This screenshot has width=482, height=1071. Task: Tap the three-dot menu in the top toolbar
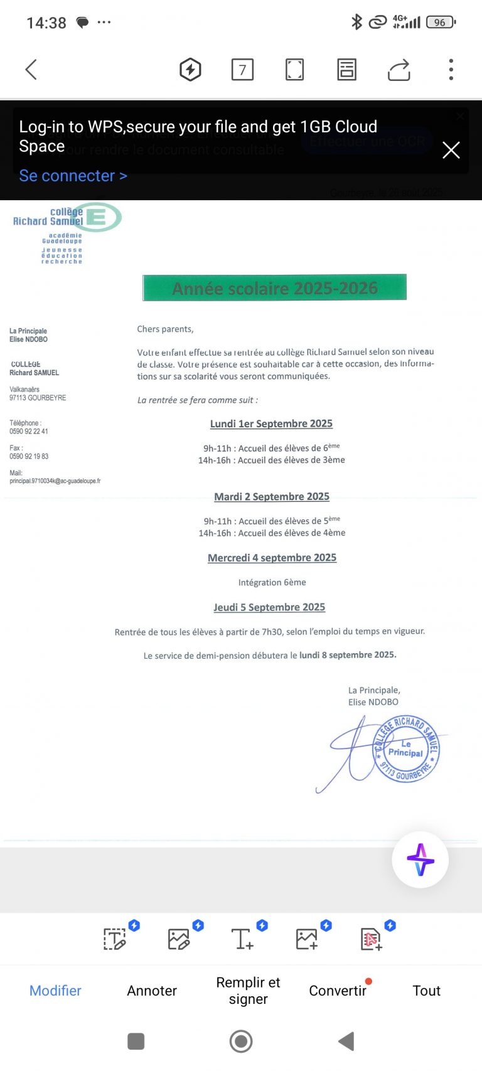(x=451, y=69)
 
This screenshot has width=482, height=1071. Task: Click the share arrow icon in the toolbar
(x=399, y=69)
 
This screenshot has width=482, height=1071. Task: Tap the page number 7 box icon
(x=242, y=69)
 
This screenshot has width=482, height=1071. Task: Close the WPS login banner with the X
(x=451, y=150)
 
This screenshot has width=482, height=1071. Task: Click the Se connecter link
(x=73, y=176)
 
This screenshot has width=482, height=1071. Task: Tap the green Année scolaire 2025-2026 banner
(x=274, y=288)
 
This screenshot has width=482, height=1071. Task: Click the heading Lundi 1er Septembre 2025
(x=271, y=424)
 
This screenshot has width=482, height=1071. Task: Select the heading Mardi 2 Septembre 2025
(x=272, y=496)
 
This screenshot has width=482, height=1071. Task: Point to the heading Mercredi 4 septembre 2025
(x=272, y=558)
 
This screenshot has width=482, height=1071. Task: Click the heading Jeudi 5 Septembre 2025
(x=269, y=607)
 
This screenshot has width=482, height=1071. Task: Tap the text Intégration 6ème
(x=272, y=582)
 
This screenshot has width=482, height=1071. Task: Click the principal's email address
(x=55, y=481)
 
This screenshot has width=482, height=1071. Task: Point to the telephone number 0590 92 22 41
(x=29, y=432)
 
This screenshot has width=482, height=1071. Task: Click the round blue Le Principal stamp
(x=406, y=750)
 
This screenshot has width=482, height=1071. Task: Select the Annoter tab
(x=152, y=991)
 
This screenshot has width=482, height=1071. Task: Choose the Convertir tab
(x=338, y=991)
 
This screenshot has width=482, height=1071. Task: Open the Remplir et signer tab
(x=248, y=991)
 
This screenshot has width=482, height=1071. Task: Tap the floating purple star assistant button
(x=420, y=860)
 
